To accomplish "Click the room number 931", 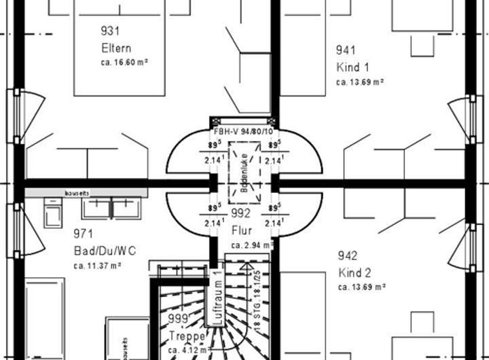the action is coord(109,31).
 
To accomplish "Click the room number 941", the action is coord(345,50).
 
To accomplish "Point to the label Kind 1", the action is coord(352,67).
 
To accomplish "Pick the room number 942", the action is coord(348,256).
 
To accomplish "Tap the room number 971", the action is coord(83,234).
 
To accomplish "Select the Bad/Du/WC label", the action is coord(105,251).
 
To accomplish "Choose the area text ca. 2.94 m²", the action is coord(252,245).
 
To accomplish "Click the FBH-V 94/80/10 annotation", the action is coord(244,132).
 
